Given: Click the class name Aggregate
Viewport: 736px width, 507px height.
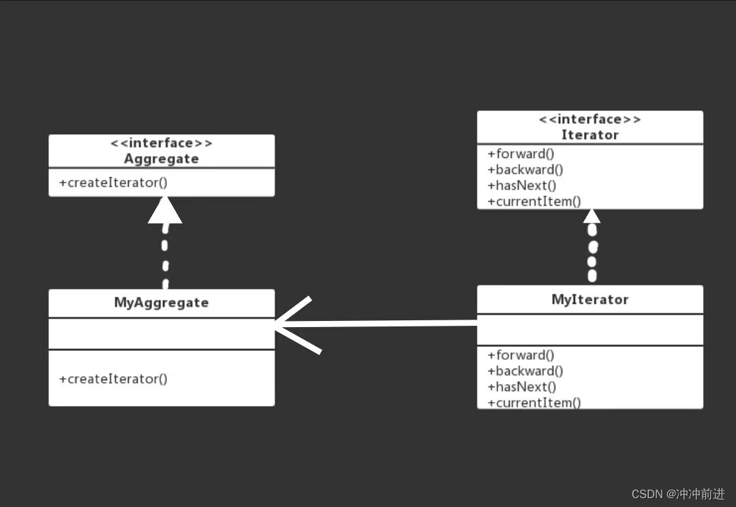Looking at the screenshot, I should pos(162,159).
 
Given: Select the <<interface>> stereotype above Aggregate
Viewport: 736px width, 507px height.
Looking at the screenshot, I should pos(162,143).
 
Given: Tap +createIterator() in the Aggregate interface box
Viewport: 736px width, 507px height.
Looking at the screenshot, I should pos(113,183).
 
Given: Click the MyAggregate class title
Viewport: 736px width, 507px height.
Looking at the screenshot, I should pos(162,303).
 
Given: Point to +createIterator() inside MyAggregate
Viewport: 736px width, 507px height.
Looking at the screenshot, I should pos(113,379).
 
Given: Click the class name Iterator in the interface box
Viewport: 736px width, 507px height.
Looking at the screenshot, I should pos(589,135).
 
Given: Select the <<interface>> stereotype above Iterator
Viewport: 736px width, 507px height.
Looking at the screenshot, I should pos(589,120).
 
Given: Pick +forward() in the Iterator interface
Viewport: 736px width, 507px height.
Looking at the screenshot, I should pos(521,154).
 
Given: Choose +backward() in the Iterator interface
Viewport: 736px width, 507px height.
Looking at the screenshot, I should pos(525,170).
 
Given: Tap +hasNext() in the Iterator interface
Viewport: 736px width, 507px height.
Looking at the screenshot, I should pos(522,185).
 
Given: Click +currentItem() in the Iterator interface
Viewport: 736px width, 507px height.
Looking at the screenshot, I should pos(534,201).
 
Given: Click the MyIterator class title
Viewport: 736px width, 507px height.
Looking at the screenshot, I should pos(589,299).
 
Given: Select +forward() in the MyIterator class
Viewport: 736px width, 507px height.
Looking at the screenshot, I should pos(521,355).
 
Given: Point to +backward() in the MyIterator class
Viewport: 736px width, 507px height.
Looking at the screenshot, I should pos(525,371).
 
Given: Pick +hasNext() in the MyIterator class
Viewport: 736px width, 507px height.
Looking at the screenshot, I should pos(522,386).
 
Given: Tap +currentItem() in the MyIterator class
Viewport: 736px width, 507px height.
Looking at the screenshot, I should pos(534,402).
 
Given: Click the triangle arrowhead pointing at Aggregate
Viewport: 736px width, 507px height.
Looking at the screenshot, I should pos(165,211).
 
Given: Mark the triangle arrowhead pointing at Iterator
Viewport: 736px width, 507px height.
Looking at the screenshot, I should pos(592,216).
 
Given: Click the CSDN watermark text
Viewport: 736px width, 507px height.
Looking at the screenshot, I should pos(678,494).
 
